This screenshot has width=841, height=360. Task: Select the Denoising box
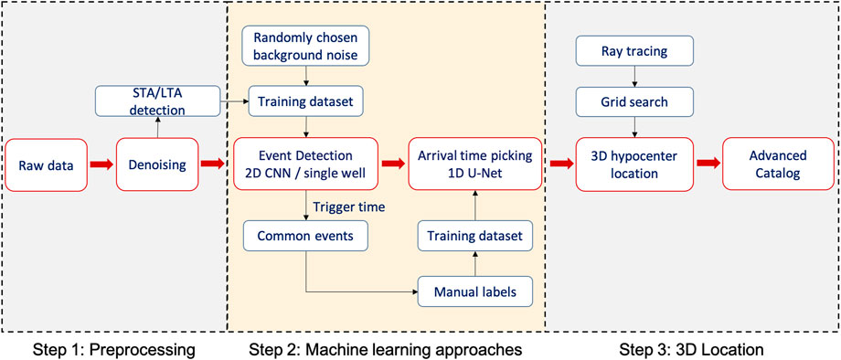156,165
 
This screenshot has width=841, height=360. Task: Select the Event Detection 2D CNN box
306,164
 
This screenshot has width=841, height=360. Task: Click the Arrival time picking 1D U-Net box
474,164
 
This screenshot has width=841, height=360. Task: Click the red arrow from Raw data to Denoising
102,165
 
